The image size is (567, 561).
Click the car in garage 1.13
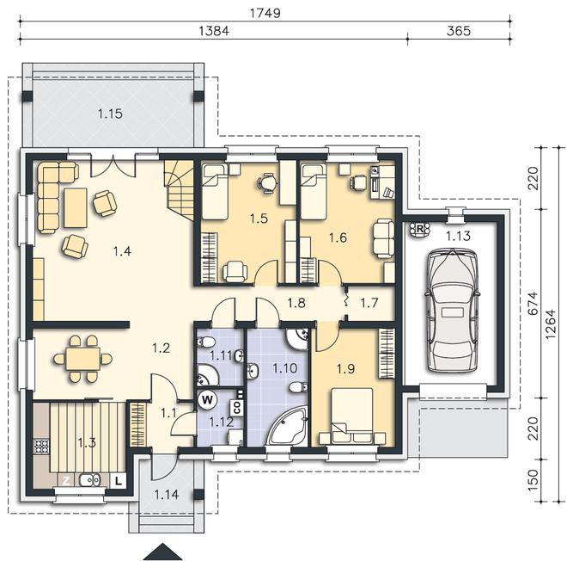click(453, 310)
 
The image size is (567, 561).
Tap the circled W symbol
click(207, 400)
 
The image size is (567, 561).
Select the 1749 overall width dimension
click(265, 13)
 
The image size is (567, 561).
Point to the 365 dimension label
click(459, 31)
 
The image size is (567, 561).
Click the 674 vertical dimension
click(533, 303)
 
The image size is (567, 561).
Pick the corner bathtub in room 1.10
click(287, 425)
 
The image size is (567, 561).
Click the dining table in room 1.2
click(82, 359)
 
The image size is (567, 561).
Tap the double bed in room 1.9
click(352, 416)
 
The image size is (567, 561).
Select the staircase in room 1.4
click(180, 189)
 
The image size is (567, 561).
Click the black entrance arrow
click(162, 552)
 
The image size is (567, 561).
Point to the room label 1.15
click(110, 114)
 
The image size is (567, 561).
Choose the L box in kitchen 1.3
click(118, 481)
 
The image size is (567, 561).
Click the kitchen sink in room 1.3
click(89, 480)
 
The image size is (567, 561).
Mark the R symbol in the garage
click(420, 229)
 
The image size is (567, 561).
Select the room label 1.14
click(167, 495)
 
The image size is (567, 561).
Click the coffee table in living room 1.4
click(76, 208)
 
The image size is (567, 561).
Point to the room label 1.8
click(296, 303)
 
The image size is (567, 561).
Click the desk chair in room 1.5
click(267, 182)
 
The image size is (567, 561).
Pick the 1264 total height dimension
click(551, 324)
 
